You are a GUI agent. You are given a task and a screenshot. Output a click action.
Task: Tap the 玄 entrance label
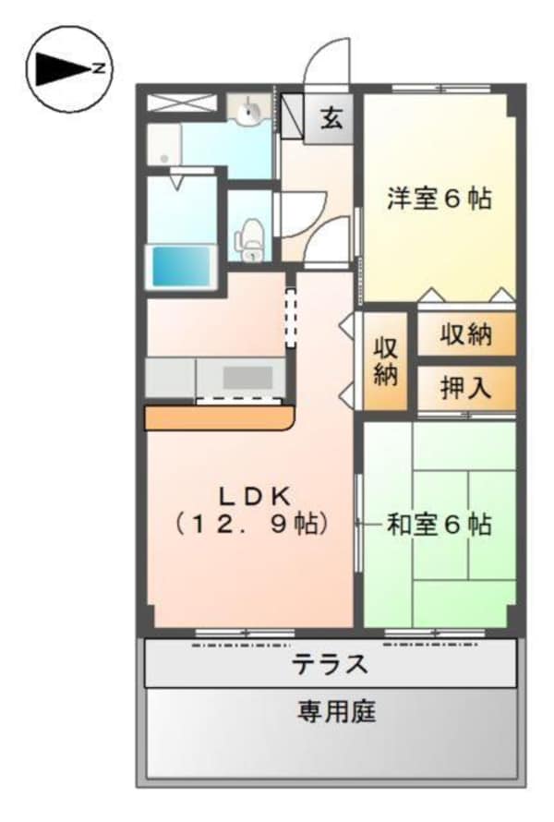[331, 117]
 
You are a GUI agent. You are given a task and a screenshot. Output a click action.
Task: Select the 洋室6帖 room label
[439, 198]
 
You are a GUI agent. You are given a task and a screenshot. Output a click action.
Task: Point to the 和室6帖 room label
[439, 525]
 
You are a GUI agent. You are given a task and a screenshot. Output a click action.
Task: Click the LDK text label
[249, 492]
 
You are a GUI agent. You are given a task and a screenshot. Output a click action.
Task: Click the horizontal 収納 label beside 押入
[464, 335]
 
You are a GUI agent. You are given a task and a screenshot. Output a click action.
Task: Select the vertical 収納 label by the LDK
[384, 362]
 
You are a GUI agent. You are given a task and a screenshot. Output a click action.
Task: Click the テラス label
[330, 663]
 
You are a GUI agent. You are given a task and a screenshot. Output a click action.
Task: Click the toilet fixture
[250, 239]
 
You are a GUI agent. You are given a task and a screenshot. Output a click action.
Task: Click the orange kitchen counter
[219, 418]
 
